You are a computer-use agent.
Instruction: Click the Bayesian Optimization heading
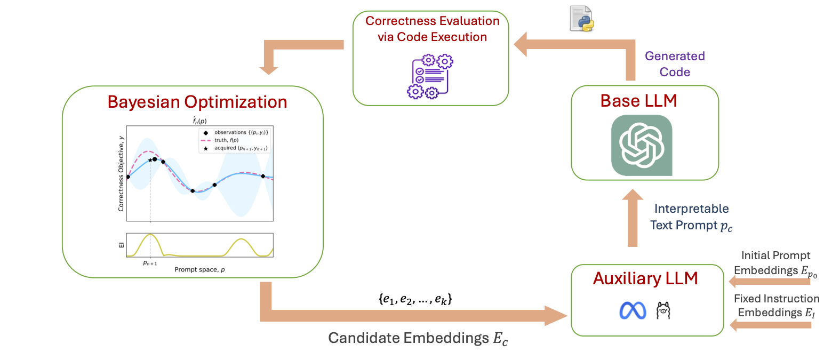[x=197, y=101]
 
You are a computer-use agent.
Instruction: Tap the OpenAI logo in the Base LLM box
[x=641, y=145]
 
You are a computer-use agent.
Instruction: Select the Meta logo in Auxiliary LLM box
[x=633, y=311]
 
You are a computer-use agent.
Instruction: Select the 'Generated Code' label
[x=675, y=64]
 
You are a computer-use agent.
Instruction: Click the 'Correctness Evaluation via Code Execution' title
[x=432, y=29]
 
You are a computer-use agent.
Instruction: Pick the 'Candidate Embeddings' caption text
[x=418, y=339]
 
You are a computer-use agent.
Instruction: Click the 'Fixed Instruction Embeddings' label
[x=776, y=306]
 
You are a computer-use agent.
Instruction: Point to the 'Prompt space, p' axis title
[x=199, y=270]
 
